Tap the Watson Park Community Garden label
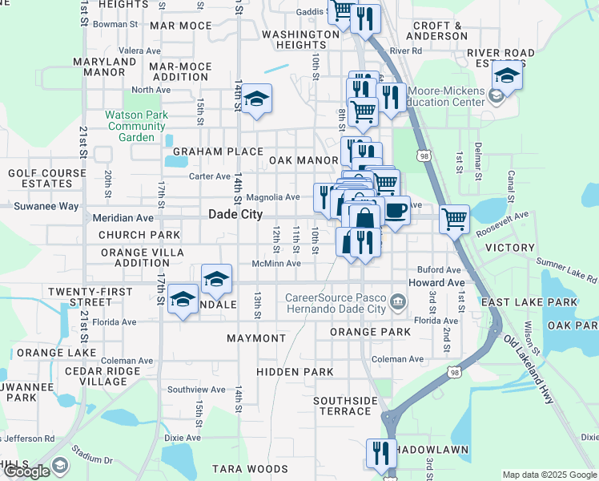tap(136, 126)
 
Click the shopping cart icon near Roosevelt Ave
tap(454, 217)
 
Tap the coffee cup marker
tap(396, 211)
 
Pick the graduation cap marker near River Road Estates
tap(507, 77)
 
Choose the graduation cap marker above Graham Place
tap(256, 99)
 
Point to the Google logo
tap(26, 471)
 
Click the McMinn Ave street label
tap(275, 263)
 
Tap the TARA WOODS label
tap(249, 468)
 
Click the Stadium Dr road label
tap(91, 458)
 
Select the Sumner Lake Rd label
tap(568, 269)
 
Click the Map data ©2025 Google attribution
tap(549, 475)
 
